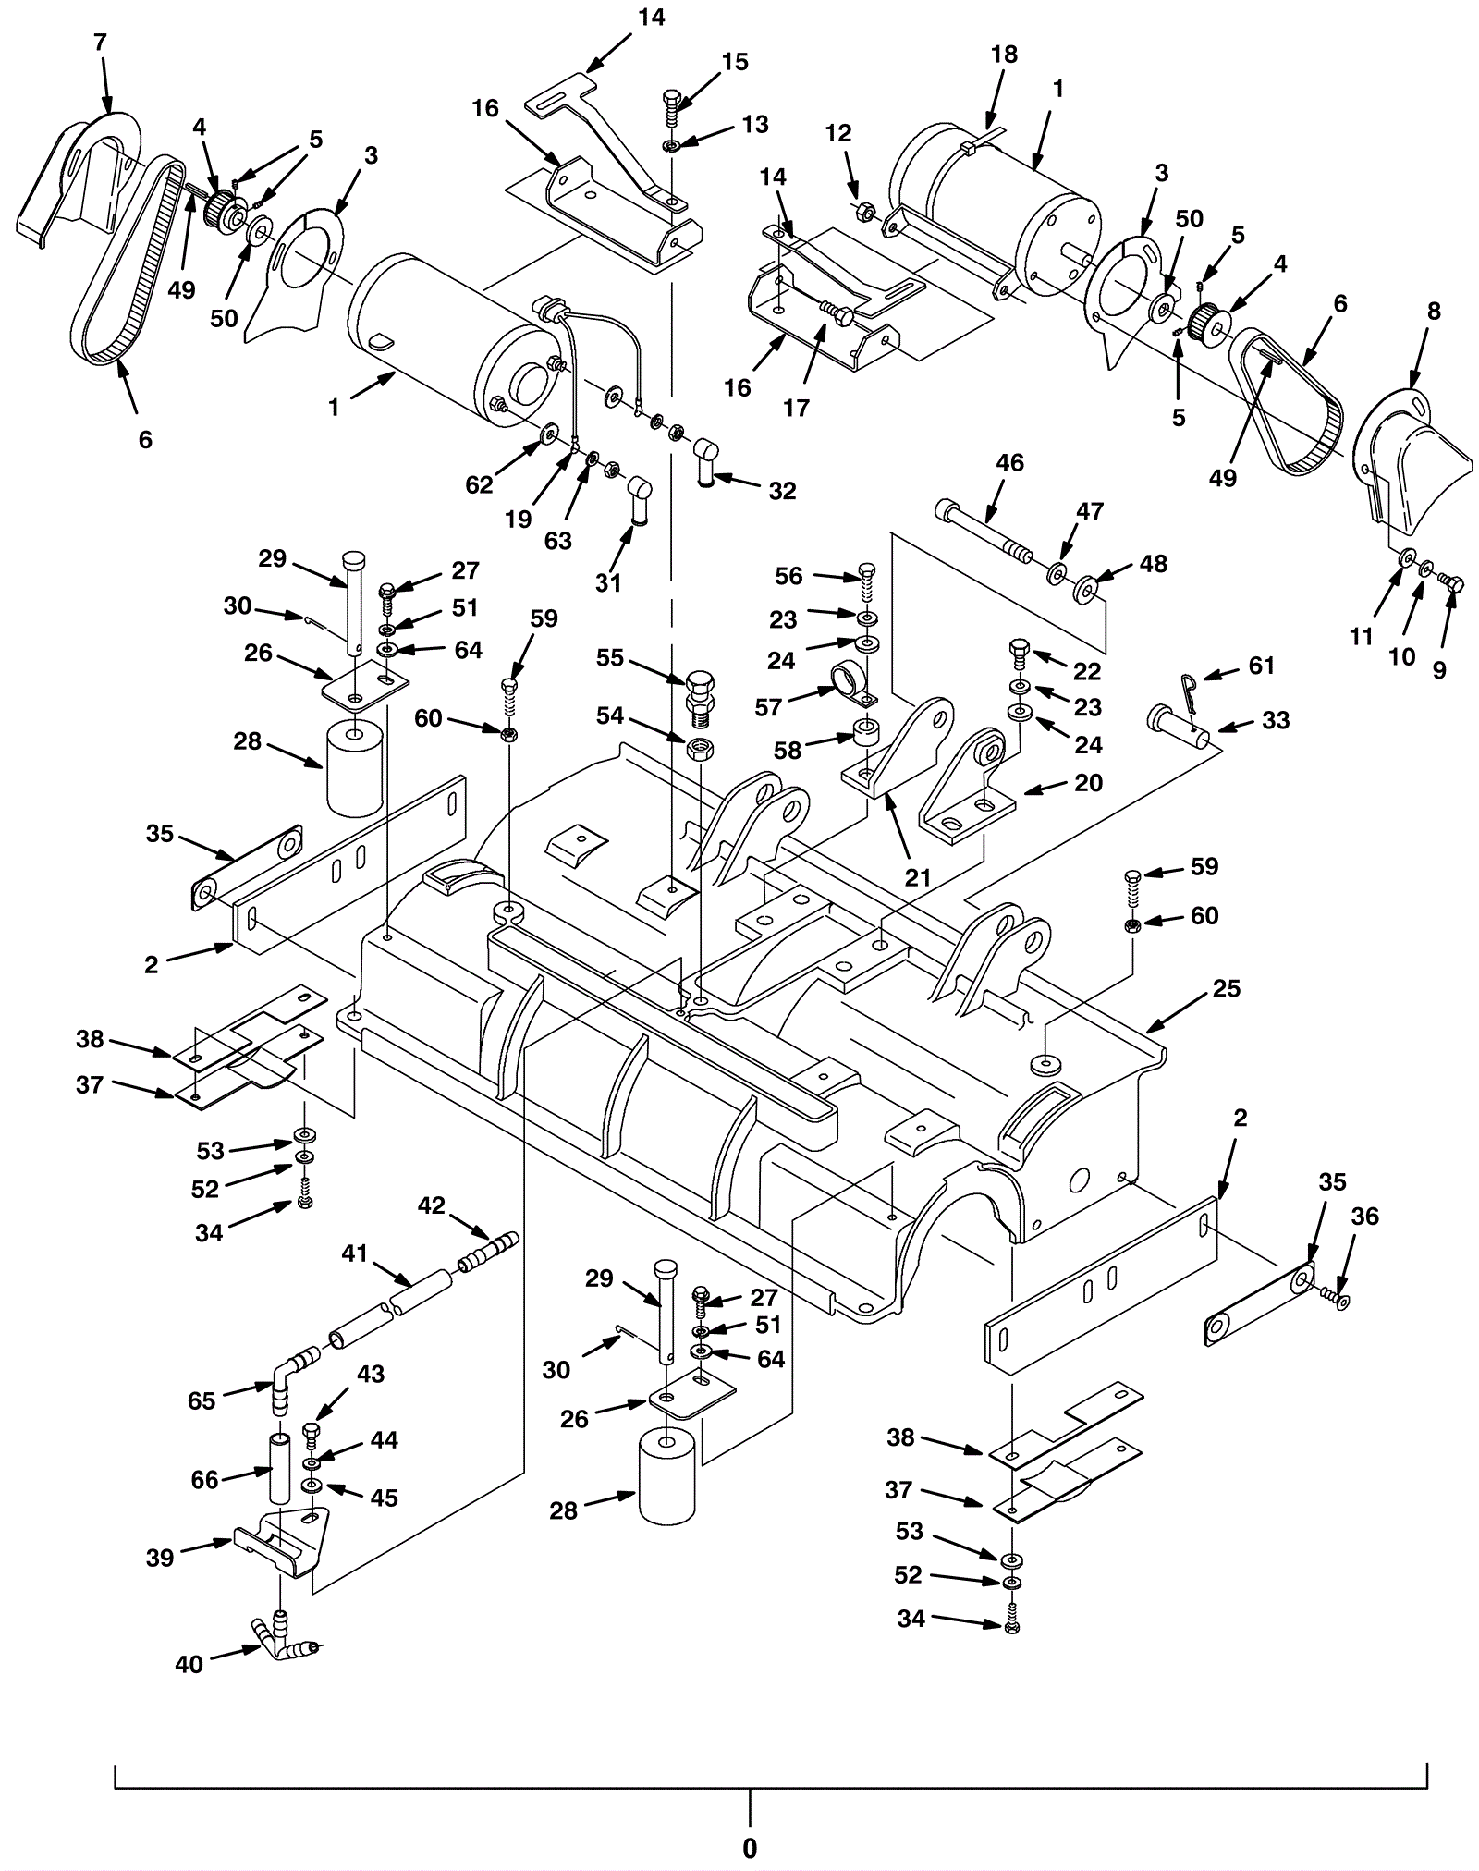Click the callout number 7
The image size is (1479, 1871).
(100, 42)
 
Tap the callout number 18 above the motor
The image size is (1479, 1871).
(1004, 55)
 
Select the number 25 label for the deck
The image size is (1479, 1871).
(1226, 988)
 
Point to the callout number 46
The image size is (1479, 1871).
(1010, 462)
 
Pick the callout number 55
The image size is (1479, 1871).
(610, 658)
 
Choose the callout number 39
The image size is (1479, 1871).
(160, 1558)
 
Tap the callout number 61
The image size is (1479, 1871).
(1262, 666)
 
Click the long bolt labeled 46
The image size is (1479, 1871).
(985, 531)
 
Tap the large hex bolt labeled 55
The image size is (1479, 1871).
(701, 700)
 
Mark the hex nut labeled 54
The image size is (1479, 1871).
(700, 747)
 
